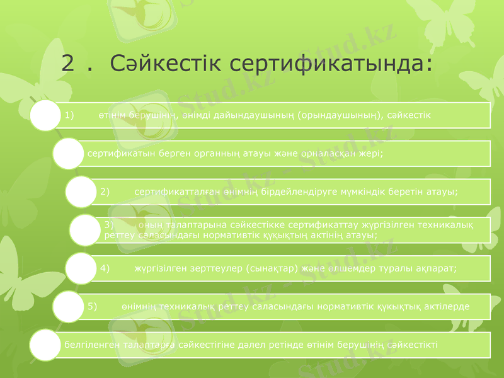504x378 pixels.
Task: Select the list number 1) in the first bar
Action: click(x=69, y=116)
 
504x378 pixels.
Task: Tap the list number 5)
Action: click(x=92, y=306)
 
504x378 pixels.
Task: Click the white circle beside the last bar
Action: click(x=45, y=345)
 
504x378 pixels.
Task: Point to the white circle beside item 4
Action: click(x=83, y=268)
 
